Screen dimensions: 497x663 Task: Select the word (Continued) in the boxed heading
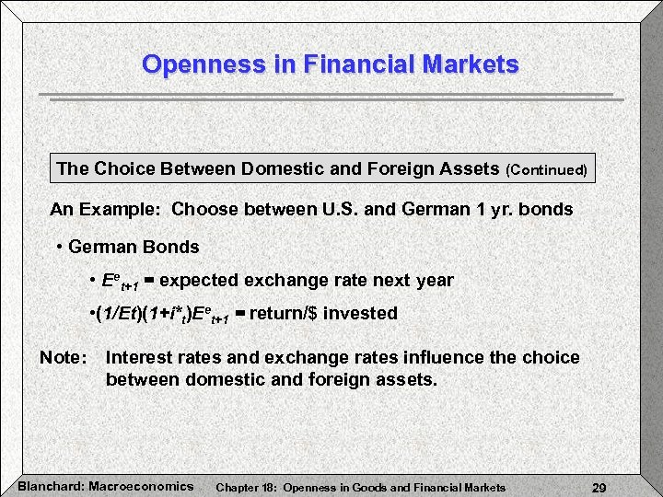(547, 170)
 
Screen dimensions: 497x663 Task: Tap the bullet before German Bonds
(59, 247)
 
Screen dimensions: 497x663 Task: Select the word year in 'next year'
(434, 280)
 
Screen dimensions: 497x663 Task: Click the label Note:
(64, 357)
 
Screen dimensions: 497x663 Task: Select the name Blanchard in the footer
(49, 486)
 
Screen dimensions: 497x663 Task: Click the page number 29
(599, 487)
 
